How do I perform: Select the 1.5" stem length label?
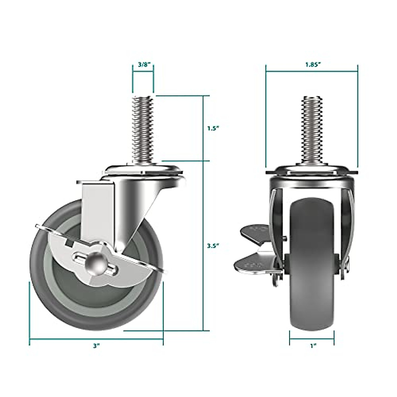213,128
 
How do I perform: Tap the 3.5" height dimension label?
213,246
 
